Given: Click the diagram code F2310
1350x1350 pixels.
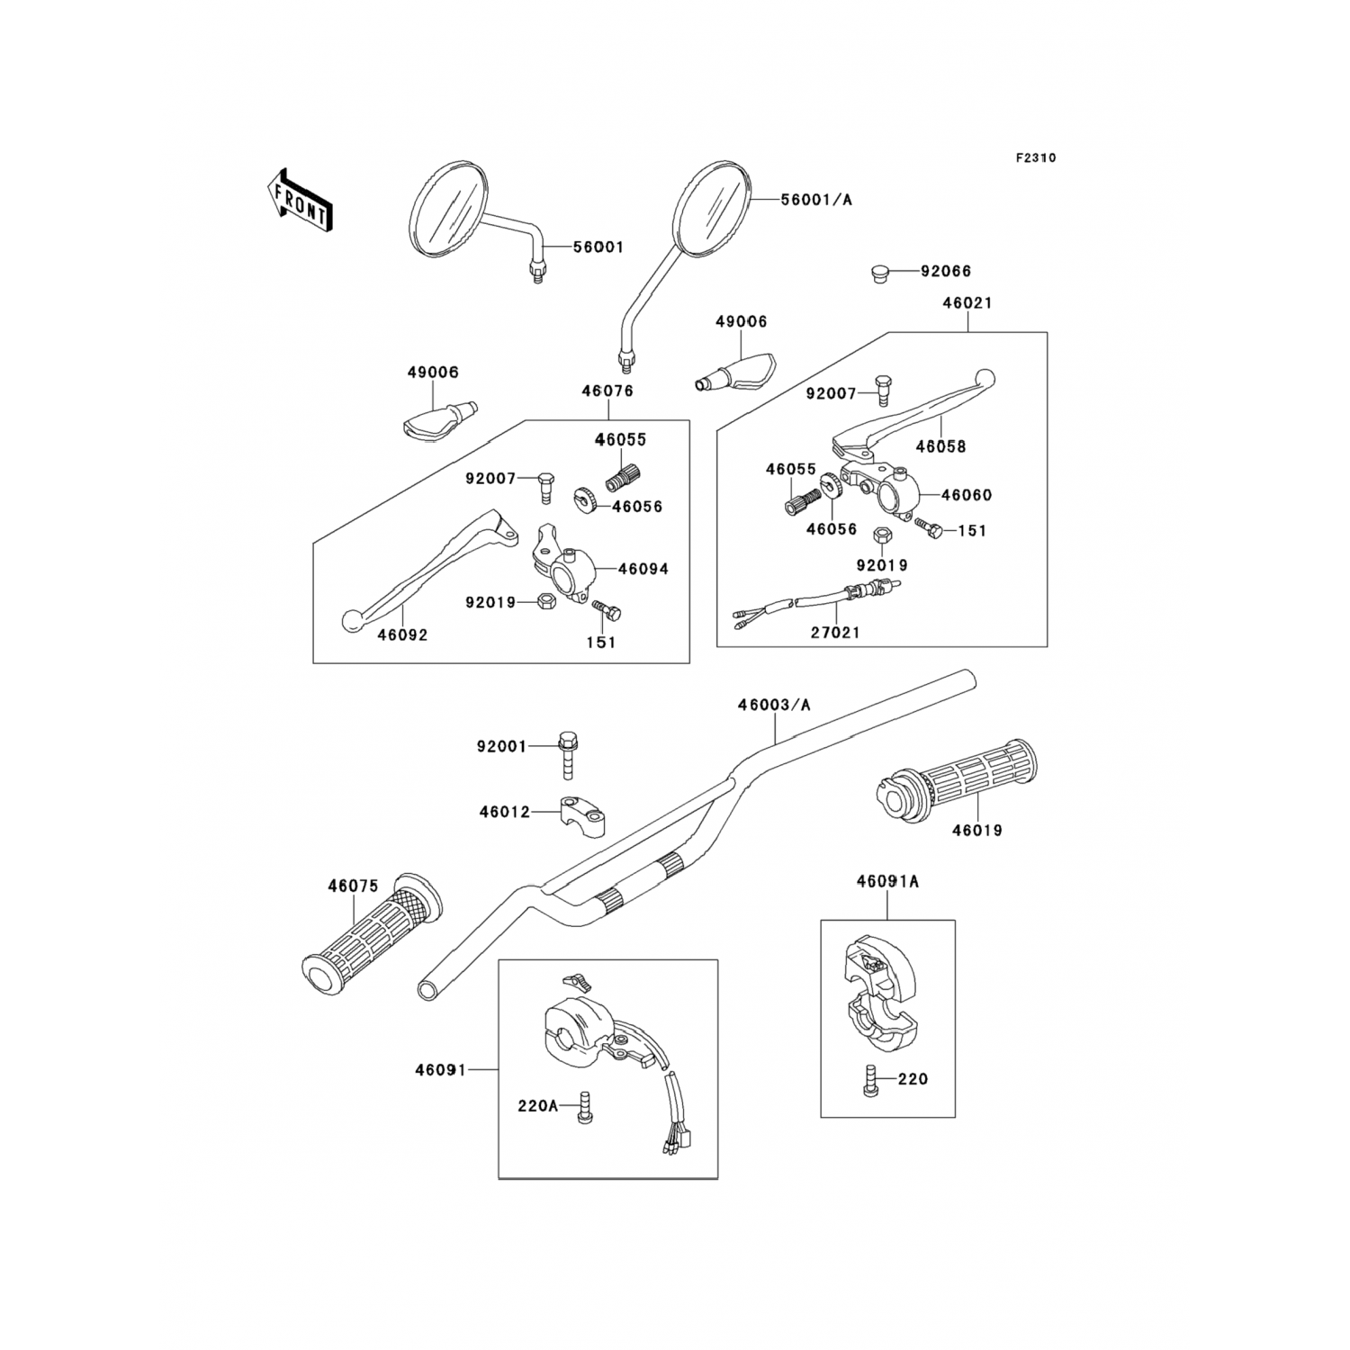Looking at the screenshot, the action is [1036, 157].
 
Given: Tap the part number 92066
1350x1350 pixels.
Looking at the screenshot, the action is [945, 271].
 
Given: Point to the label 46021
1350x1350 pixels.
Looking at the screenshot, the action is [967, 303].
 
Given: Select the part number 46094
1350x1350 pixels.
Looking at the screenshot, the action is [643, 569].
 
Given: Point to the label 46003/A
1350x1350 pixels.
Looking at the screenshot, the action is [774, 705].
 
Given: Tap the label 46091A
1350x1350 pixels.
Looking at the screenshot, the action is [887, 882].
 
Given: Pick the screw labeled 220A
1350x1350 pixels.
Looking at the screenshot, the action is [583, 1106].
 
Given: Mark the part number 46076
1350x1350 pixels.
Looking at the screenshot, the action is [607, 391].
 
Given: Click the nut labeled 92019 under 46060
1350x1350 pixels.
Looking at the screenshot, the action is [882, 536].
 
